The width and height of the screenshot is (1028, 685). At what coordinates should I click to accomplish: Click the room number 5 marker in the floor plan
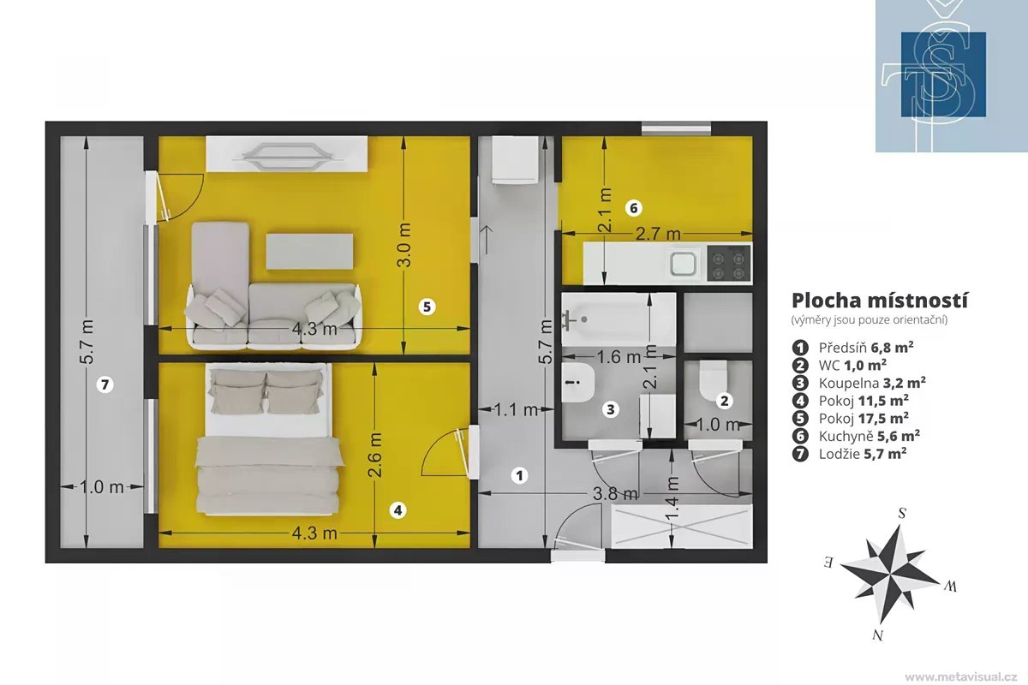click(x=427, y=307)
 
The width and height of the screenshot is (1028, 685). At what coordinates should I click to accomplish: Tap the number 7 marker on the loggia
click(x=105, y=384)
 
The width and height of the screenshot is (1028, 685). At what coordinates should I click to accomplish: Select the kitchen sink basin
click(x=684, y=264)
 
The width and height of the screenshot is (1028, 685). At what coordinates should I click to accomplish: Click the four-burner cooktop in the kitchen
click(x=729, y=262)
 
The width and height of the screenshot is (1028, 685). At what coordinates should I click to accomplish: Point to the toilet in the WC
click(x=714, y=380)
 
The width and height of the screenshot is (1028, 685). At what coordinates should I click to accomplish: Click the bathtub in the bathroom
click(x=619, y=319)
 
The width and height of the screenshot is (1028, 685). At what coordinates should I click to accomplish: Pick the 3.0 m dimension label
click(x=404, y=245)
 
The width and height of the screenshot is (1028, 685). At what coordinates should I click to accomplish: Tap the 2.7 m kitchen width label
click(x=658, y=234)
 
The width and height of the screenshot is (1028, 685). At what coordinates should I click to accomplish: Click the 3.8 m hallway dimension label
click(x=615, y=493)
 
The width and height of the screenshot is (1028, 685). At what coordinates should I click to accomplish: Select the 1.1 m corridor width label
click(x=516, y=409)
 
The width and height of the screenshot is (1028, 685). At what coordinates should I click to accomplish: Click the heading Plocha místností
click(x=880, y=301)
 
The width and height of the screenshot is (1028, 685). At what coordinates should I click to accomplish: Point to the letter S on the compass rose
click(x=902, y=514)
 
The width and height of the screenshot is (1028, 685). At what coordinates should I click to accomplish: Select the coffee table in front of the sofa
click(x=310, y=252)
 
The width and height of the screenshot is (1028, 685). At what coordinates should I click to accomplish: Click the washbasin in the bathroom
click(x=578, y=382)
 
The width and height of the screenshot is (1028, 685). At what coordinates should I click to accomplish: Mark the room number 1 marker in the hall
click(x=519, y=475)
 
